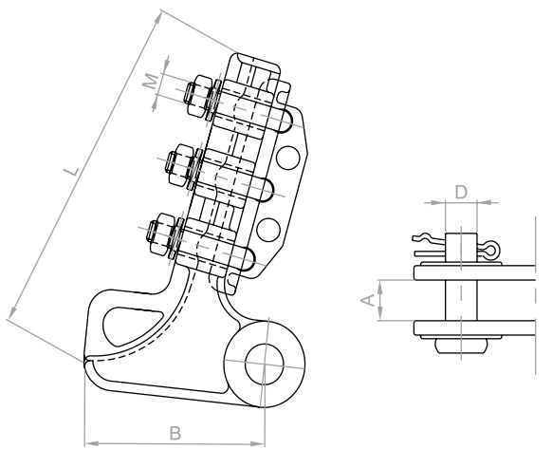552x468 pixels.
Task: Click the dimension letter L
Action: point(72,171)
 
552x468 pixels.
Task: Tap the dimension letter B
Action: point(175,434)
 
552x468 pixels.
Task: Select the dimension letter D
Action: point(461,193)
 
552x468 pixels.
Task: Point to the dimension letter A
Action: point(368,301)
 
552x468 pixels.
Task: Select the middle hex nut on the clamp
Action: point(180,165)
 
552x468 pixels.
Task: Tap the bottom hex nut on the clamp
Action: point(162,234)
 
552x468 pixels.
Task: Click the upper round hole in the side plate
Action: point(288,158)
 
